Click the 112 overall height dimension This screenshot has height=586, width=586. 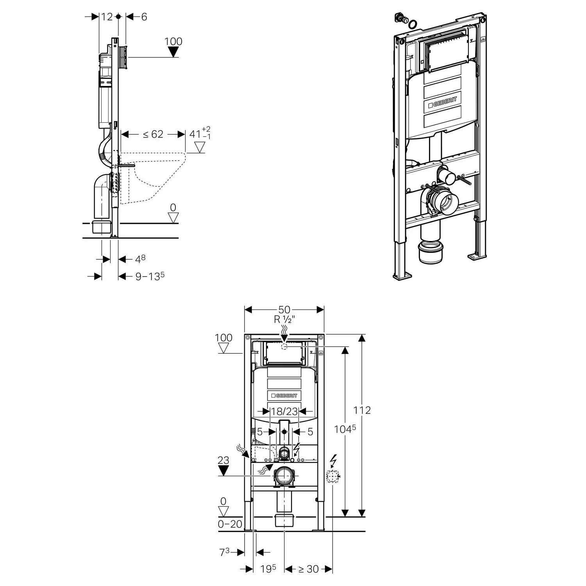(362, 410)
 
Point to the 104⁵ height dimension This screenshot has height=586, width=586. (345, 429)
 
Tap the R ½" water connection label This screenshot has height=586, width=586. (284, 319)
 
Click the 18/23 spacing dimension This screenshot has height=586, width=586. (284, 411)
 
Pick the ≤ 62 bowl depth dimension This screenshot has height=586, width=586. (153, 134)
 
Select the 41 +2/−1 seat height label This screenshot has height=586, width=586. (200, 134)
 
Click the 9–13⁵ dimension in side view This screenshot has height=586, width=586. (150, 276)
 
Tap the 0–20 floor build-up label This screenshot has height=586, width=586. (230, 524)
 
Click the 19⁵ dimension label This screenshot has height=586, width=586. (268, 569)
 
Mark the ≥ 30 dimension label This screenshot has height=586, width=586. (309, 569)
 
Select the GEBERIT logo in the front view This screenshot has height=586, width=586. (284, 395)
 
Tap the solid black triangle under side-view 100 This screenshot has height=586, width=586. (173, 52)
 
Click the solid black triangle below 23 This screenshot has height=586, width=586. (223, 470)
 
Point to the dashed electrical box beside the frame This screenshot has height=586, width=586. (332, 477)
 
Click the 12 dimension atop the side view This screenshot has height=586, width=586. (107, 17)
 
